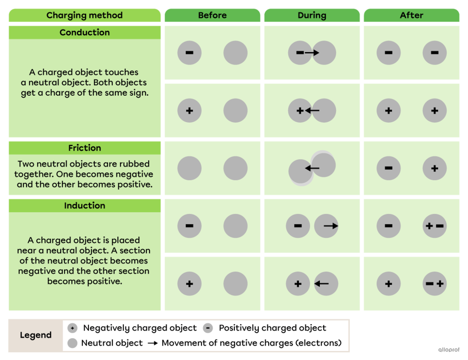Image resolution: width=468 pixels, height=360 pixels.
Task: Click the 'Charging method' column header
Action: click(x=84, y=15)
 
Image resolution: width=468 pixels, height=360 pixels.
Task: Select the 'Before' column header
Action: click(x=212, y=15)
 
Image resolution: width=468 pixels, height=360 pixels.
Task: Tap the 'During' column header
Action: click(x=312, y=15)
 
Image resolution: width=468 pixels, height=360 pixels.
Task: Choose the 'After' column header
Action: click(x=411, y=15)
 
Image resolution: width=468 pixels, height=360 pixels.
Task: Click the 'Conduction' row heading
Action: click(x=84, y=32)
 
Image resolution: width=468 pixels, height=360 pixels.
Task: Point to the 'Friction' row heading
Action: click(x=84, y=148)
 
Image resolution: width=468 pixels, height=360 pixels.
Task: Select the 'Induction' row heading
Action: click(x=84, y=206)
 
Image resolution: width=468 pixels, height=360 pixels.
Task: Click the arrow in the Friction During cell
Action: click(x=312, y=169)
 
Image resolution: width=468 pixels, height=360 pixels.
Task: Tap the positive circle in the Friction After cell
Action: click(x=435, y=169)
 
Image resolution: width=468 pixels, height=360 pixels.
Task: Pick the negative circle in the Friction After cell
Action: click(x=389, y=169)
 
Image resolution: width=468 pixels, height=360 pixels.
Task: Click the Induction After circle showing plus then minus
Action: click(x=435, y=226)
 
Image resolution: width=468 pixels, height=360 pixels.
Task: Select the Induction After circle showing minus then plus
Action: click(x=435, y=284)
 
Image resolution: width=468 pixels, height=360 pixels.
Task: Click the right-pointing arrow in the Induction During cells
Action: click(x=331, y=226)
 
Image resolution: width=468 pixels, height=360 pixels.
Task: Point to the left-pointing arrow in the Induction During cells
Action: click(x=322, y=284)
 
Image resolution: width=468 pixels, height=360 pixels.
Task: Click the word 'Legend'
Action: click(x=36, y=335)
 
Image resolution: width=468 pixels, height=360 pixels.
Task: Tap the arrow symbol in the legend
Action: click(x=153, y=343)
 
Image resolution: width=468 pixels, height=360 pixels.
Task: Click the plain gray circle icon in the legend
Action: click(x=72, y=343)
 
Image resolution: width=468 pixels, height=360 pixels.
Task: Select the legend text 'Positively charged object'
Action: click(x=273, y=328)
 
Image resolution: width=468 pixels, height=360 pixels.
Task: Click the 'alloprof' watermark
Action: click(x=449, y=350)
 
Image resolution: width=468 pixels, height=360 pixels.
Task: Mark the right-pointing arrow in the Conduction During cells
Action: click(x=312, y=53)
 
